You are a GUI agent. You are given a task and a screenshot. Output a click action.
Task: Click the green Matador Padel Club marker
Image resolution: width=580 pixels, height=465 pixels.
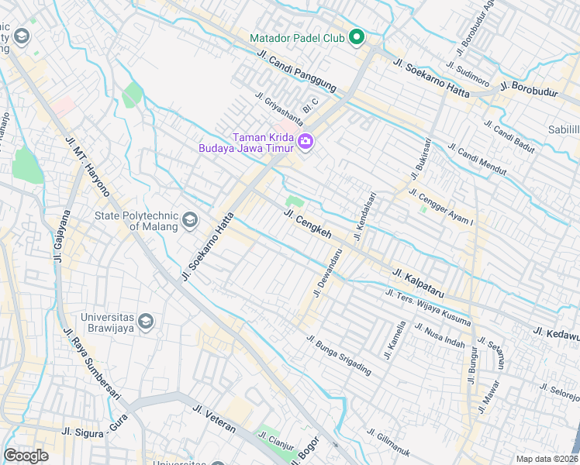coord(357,37)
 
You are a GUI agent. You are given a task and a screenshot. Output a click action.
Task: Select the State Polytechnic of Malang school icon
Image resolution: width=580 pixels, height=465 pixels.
coord(189,222)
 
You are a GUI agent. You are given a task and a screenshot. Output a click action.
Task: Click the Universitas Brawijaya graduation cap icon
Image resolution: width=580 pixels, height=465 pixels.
coord(147,321)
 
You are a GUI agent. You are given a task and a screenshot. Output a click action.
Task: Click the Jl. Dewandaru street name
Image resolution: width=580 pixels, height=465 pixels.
coord(327,272)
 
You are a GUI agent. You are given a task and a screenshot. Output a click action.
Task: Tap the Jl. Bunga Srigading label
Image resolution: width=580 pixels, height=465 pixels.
coord(339,356)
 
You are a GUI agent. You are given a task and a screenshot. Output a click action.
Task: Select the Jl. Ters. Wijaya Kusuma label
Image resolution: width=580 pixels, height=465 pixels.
coord(429,305)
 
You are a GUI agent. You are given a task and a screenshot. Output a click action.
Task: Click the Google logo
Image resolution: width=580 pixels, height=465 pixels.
coord(26,455)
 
